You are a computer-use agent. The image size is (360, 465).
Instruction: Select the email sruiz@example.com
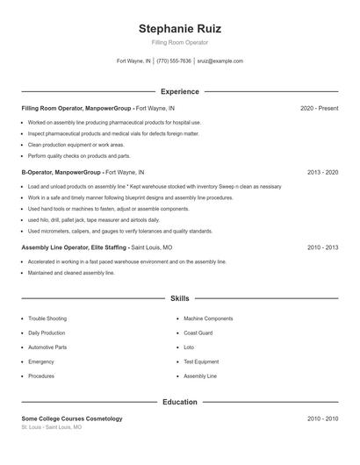pos(220,61)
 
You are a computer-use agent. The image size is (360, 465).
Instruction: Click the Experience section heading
pos(179,91)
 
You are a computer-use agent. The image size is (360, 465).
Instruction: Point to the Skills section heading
pos(179,298)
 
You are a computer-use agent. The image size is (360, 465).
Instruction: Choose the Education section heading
pos(179,402)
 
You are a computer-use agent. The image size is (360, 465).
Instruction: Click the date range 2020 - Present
pos(319,108)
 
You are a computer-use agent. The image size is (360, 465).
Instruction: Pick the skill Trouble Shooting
pos(48,318)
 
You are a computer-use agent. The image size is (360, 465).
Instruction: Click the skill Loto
pos(190,347)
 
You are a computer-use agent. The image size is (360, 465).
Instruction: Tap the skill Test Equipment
pos(201,361)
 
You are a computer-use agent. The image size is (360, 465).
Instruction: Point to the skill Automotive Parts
pos(47,347)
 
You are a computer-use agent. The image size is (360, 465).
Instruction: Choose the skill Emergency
pos(41,361)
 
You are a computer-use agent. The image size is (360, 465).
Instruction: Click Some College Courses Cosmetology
pos(72,419)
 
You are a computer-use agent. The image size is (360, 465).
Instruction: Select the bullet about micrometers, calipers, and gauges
pos(120,231)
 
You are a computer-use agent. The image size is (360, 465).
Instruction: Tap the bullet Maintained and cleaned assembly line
pos(71,273)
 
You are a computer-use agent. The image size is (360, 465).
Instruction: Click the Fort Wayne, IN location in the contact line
pos(133,61)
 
